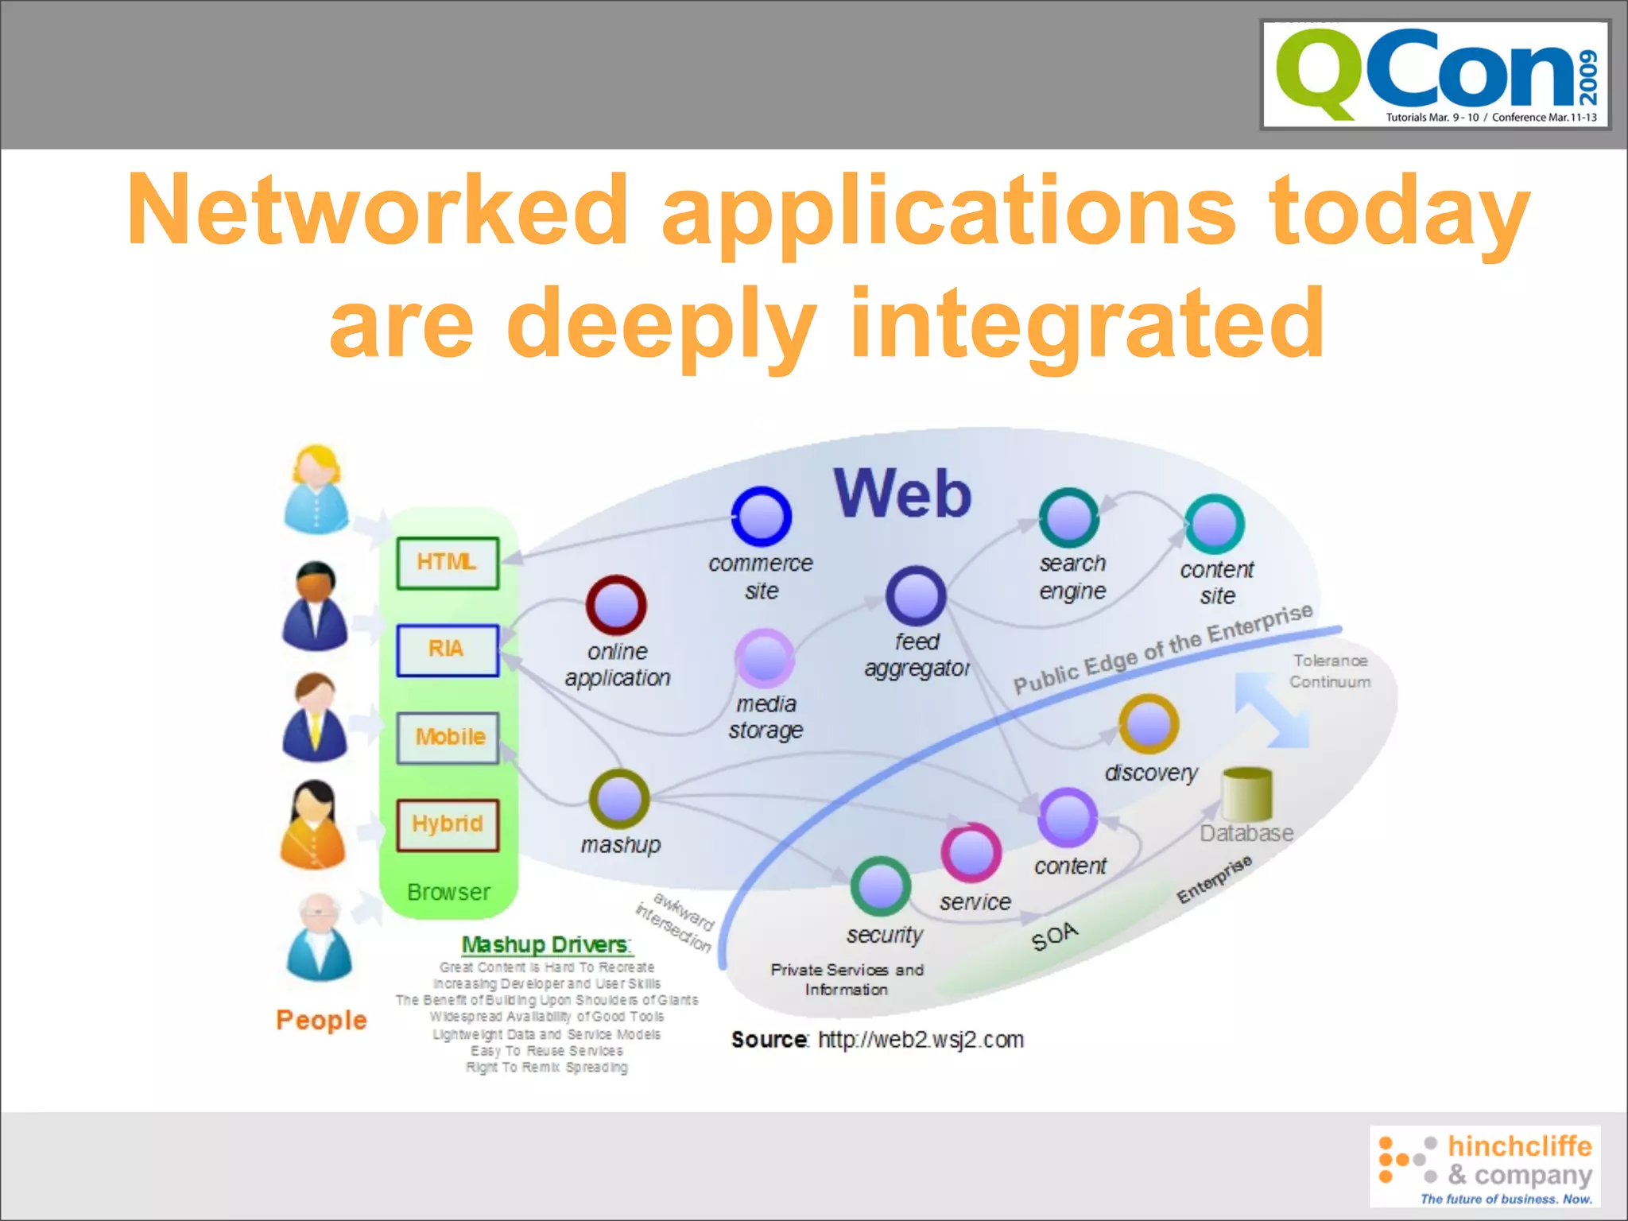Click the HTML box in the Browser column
448,563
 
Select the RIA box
448,650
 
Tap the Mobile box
448,738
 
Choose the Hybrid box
448,824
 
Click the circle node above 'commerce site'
761,516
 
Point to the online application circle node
616,605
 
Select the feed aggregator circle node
916,596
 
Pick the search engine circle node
1069,517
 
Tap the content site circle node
1215,524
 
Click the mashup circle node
619,799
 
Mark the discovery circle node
1149,724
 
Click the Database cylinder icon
1246,793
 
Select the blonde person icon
316,490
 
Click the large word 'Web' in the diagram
902,494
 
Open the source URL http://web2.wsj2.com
921,1040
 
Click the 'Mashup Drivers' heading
546,944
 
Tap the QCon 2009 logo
1435,76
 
